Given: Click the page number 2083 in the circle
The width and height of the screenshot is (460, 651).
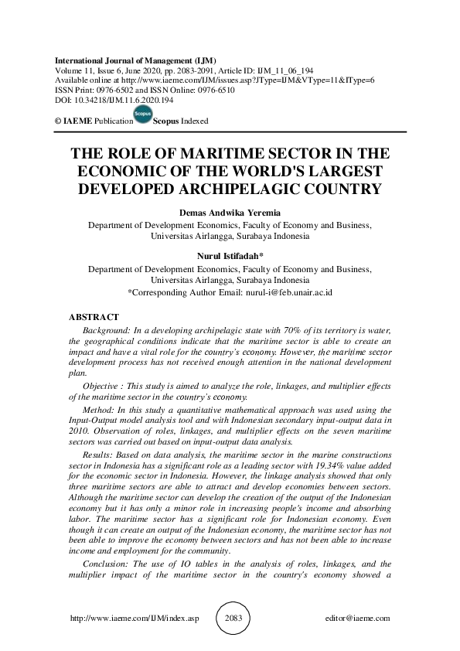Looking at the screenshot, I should [x=230, y=619].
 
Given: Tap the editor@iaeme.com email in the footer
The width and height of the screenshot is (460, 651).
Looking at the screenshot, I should [x=359, y=619].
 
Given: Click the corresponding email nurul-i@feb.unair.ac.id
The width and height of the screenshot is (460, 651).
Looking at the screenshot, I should [x=288, y=294].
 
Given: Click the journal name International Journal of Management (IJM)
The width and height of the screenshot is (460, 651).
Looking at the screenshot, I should [x=135, y=60].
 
